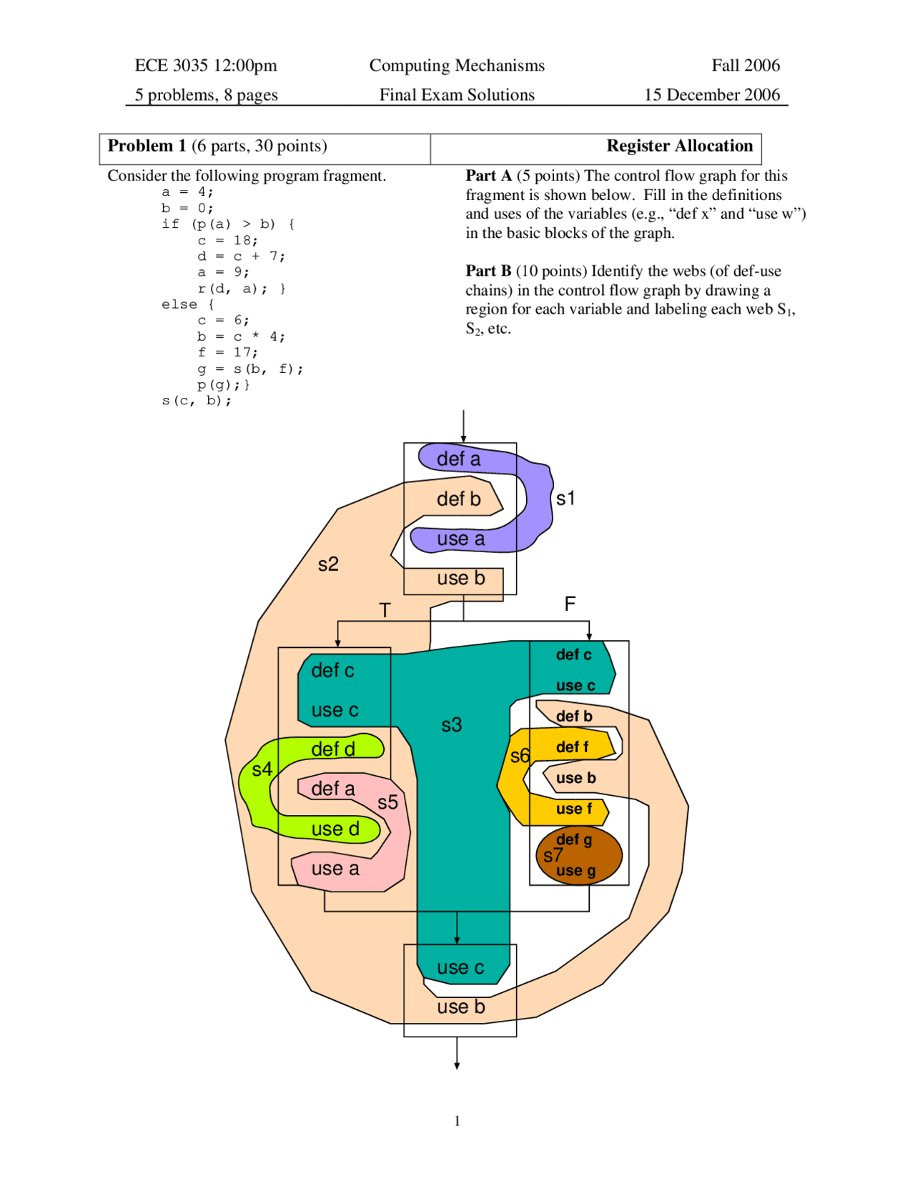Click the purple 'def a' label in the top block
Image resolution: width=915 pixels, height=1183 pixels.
[x=458, y=459]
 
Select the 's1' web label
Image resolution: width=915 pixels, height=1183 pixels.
[x=565, y=499]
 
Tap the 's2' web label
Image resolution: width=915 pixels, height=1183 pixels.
[x=328, y=564]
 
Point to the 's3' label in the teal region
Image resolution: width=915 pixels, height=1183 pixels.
[x=451, y=725]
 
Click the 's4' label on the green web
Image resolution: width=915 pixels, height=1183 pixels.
[x=262, y=769]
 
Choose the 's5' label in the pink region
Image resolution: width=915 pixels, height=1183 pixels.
[x=387, y=802]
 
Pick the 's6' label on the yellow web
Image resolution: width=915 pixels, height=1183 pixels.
[x=520, y=756]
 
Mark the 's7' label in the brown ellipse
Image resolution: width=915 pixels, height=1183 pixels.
[x=553, y=855]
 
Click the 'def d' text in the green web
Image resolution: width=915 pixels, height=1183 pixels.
[x=333, y=749]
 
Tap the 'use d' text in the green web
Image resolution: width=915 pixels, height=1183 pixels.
[x=335, y=829]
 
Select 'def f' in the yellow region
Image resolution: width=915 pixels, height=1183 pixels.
[x=572, y=747]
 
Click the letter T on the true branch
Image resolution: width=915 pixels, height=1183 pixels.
[x=385, y=611]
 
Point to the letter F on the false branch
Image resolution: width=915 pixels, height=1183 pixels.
[x=570, y=604]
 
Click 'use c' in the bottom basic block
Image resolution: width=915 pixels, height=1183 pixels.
[x=460, y=968]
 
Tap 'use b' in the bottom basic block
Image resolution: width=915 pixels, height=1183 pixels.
[x=460, y=1007]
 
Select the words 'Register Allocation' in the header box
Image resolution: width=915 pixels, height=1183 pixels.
[x=679, y=146]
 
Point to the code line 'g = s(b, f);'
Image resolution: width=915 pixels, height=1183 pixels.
[x=250, y=369]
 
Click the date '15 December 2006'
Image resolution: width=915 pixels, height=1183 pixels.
[x=711, y=95]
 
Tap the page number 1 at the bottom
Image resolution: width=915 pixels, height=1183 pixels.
[x=457, y=1121]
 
